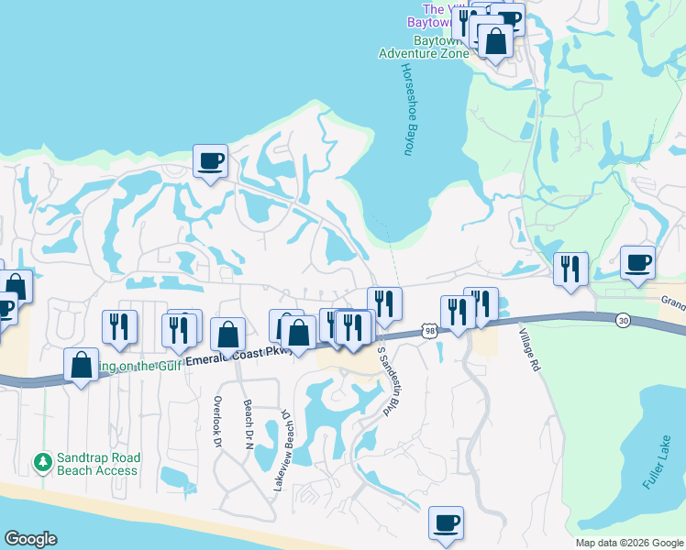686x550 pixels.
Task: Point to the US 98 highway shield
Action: coord(430,330)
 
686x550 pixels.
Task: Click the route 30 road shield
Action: coord(624,320)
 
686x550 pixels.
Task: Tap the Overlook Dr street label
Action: coord(218,422)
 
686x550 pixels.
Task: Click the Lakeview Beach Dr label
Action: coord(283,449)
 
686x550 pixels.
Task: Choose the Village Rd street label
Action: coord(530,349)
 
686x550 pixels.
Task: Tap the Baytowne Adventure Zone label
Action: coord(423,48)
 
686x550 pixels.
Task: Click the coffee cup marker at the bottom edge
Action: coord(447,523)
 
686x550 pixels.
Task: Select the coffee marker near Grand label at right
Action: coord(638,263)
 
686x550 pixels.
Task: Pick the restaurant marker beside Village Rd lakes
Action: coord(571,269)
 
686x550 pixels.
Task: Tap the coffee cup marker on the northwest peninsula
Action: coord(211,161)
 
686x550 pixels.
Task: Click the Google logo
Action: coord(30,539)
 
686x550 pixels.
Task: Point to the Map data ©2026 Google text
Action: coord(628,543)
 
